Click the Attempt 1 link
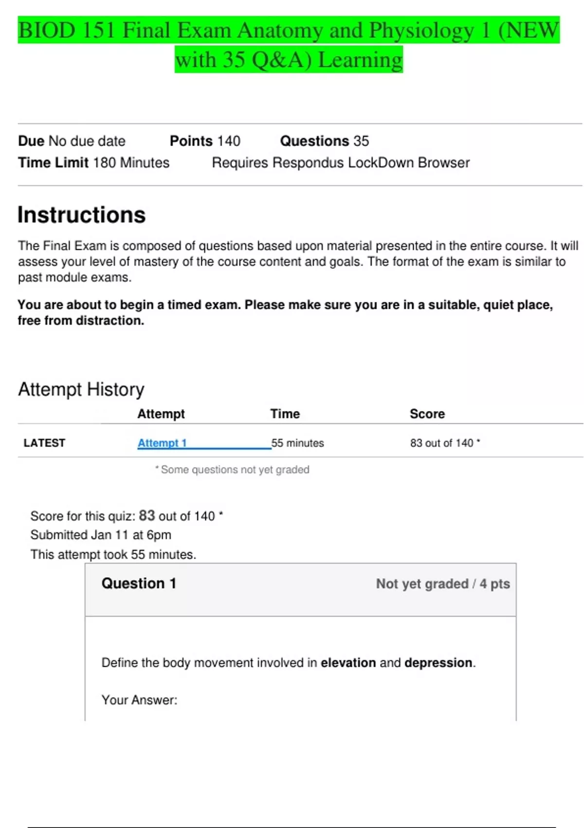[162, 443]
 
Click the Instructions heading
[82, 215]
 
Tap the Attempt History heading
[81, 390]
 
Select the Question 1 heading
[139, 583]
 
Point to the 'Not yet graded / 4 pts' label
[443, 583]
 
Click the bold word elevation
[348, 663]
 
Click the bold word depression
[438, 663]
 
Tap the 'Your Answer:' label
[139, 700]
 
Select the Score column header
[427, 414]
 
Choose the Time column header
[285, 414]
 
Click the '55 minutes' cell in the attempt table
[297, 443]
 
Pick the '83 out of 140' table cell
[441, 443]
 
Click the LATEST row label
[44, 443]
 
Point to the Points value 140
[229, 141]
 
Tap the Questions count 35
[361, 141]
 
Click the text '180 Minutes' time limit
[131, 163]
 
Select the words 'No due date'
[87, 141]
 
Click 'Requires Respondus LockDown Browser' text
[341, 163]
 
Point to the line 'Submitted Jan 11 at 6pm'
[101, 535]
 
